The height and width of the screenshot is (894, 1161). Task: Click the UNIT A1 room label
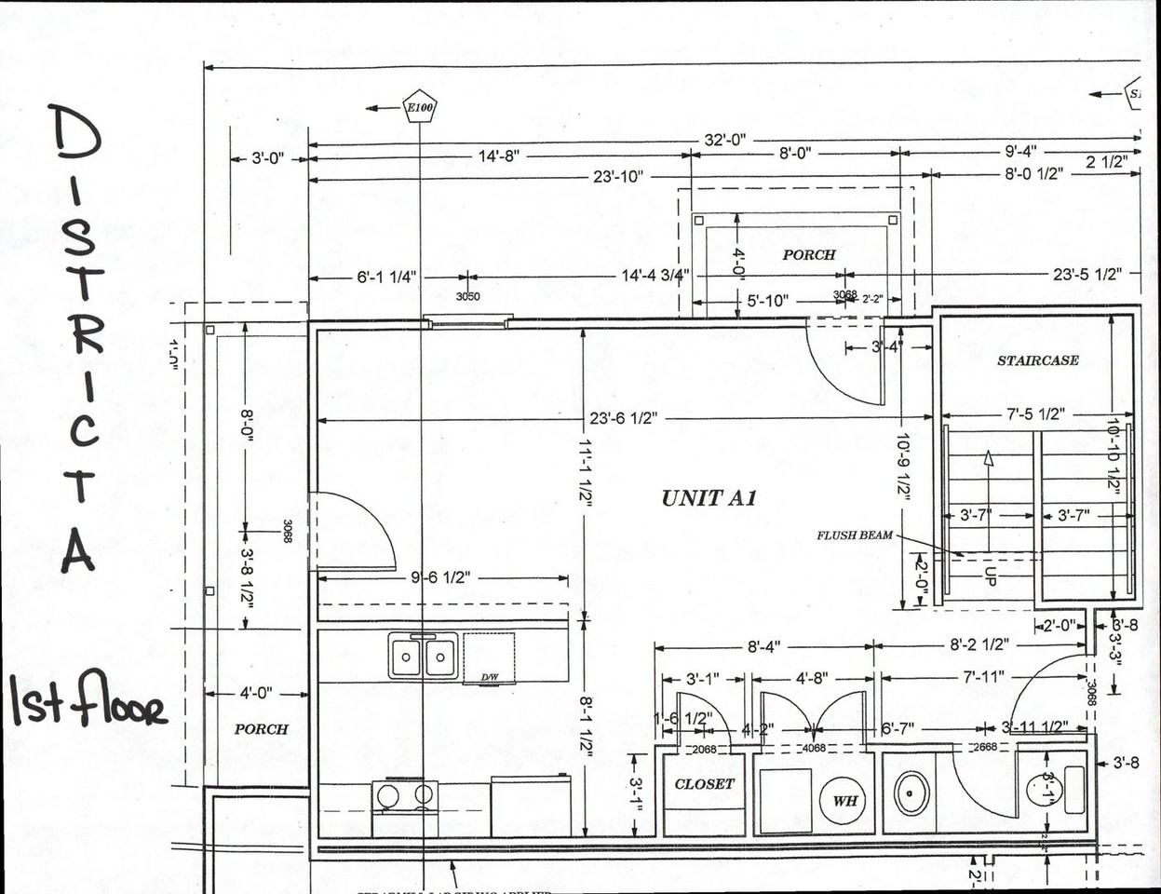click(x=709, y=498)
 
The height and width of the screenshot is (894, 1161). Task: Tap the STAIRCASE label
click(x=1037, y=360)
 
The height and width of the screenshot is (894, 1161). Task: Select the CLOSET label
click(x=704, y=784)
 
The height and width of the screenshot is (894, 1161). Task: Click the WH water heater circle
click(x=844, y=800)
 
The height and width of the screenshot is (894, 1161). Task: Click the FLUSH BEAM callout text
click(x=855, y=535)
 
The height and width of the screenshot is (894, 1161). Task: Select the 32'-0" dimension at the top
click(x=725, y=140)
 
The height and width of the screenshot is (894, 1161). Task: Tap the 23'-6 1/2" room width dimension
click(x=624, y=418)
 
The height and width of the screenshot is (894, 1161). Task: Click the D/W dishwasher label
click(x=488, y=677)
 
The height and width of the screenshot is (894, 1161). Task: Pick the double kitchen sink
click(x=424, y=656)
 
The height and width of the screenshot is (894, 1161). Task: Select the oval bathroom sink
click(x=911, y=792)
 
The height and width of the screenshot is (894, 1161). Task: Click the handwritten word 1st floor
click(x=88, y=700)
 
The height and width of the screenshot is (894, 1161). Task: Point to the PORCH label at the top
click(x=808, y=254)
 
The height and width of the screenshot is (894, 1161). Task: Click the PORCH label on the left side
click(x=261, y=729)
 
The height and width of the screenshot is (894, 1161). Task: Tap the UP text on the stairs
click(x=990, y=576)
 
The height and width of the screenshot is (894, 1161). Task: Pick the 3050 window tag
click(x=467, y=296)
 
